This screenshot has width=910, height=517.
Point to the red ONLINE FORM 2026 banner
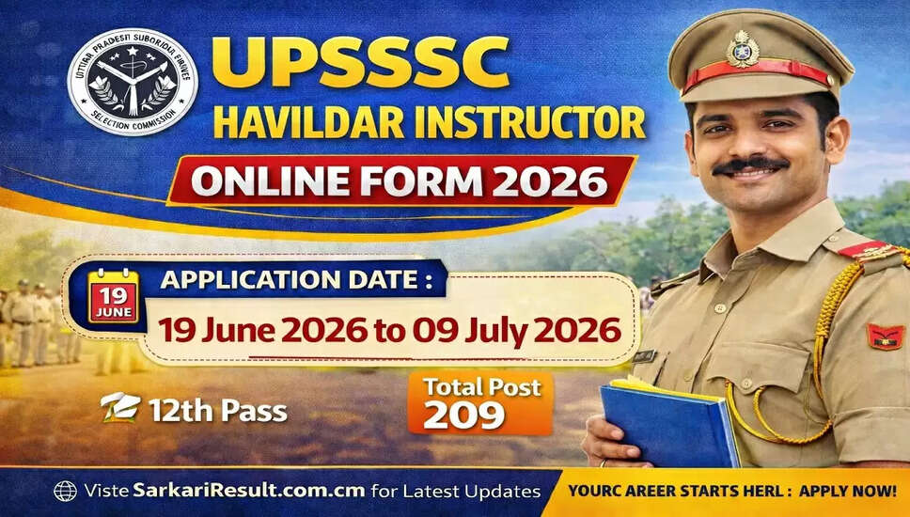399,180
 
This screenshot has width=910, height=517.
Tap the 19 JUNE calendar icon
114,296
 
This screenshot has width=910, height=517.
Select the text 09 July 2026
530,330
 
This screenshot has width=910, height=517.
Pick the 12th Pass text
217,410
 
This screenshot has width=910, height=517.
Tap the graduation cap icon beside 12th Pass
120,408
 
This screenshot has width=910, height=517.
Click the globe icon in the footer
65,492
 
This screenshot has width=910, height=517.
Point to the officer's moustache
749,166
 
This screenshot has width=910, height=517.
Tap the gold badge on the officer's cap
743,48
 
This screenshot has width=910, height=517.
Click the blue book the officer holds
668,422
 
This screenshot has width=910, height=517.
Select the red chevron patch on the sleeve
884,336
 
